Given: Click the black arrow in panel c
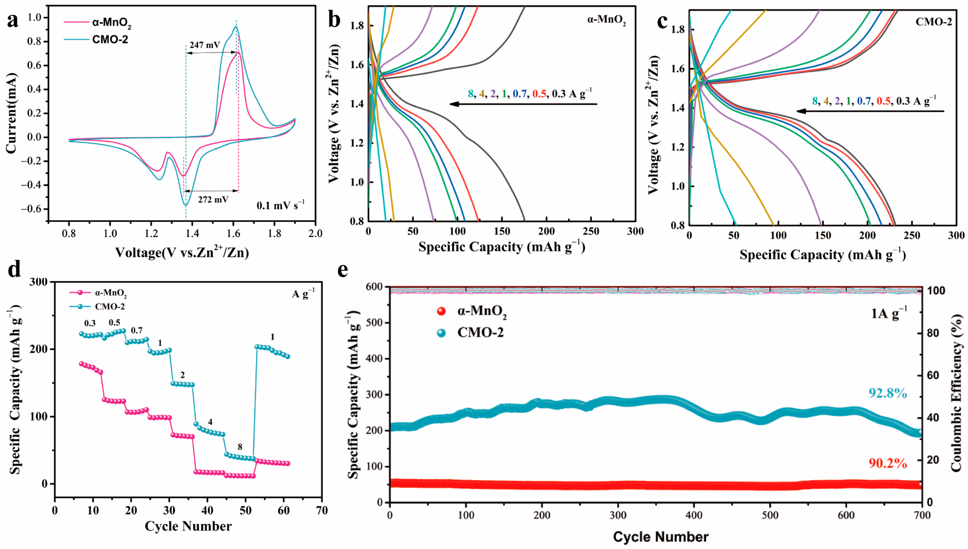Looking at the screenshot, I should click(870, 111).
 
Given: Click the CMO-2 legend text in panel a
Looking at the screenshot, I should click(110, 40).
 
